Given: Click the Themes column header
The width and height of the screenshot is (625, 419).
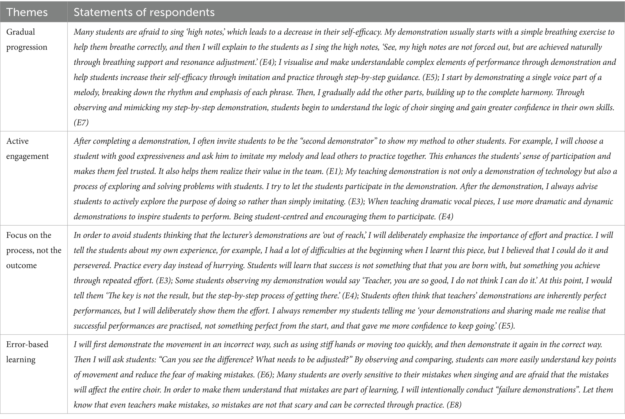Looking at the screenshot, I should point(27,12).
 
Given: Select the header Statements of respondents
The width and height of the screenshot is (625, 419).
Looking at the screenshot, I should point(144,12).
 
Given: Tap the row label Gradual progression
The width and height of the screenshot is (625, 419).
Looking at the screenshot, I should point(27,39).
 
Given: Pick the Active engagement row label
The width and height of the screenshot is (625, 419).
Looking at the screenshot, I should point(27,149).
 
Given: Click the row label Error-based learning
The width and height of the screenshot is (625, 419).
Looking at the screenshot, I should point(27,352).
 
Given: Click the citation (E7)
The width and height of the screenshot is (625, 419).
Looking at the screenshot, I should point(81,122).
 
